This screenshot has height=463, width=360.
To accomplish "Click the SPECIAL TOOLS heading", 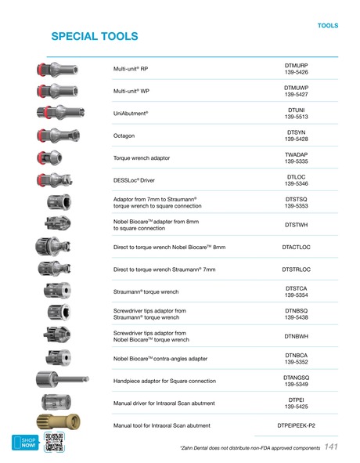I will tap(94, 37).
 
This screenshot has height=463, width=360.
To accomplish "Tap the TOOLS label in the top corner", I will tap(328, 26).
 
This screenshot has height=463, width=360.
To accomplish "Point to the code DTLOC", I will tap(296, 177).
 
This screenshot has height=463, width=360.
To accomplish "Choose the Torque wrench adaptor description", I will tap(142, 158).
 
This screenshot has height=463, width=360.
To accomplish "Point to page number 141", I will tap(330, 447).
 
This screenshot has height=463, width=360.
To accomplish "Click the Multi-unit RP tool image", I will tap(56, 68).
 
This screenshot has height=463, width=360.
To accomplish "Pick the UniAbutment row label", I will tap(131, 114).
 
